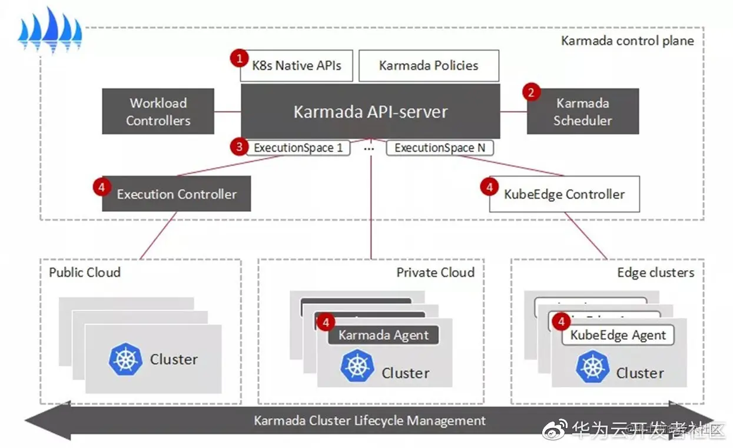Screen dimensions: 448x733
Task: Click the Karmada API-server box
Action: [x=370, y=111]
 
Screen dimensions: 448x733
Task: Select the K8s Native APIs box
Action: [x=297, y=65]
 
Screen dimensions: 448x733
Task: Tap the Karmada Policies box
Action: [x=429, y=65]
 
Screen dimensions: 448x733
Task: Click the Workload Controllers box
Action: [x=158, y=111]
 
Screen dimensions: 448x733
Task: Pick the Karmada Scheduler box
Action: [x=583, y=111]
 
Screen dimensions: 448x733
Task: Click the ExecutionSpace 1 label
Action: [x=298, y=148]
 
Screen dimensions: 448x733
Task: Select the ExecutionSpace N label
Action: [x=439, y=148]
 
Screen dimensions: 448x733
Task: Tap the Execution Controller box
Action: [x=177, y=194]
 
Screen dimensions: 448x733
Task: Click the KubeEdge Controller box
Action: [x=564, y=194]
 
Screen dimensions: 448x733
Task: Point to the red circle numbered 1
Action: [x=239, y=58]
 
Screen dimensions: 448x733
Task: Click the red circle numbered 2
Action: [x=532, y=92]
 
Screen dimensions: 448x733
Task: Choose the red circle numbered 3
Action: [x=239, y=147]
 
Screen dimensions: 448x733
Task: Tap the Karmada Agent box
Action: [x=383, y=336]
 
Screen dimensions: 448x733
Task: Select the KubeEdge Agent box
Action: [x=618, y=336]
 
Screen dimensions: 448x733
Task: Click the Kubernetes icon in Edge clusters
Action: [x=593, y=367]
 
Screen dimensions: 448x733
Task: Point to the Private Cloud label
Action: [x=435, y=273]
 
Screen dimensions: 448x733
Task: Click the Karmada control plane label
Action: [x=627, y=41]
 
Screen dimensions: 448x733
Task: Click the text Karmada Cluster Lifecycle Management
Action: [x=370, y=421]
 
